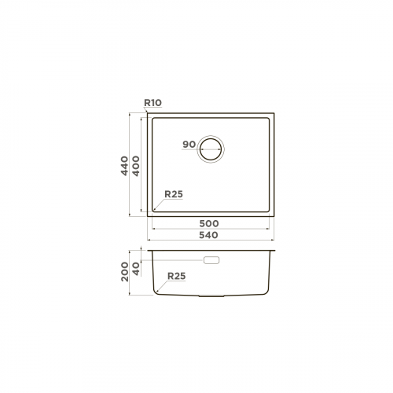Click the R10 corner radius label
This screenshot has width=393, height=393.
tap(153, 103)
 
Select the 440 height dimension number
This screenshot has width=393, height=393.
tap(124, 166)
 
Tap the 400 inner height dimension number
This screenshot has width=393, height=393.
tap(136, 166)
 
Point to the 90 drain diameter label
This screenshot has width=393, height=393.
tap(189, 144)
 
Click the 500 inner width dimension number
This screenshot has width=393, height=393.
tap(209, 223)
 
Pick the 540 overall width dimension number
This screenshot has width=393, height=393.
tap(209, 235)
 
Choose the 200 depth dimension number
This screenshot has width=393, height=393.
tap(125, 272)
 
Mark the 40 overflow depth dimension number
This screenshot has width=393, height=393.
tap(136, 269)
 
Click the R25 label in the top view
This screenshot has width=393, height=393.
tap(174, 194)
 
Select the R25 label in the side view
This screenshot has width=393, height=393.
tap(177, 276)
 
